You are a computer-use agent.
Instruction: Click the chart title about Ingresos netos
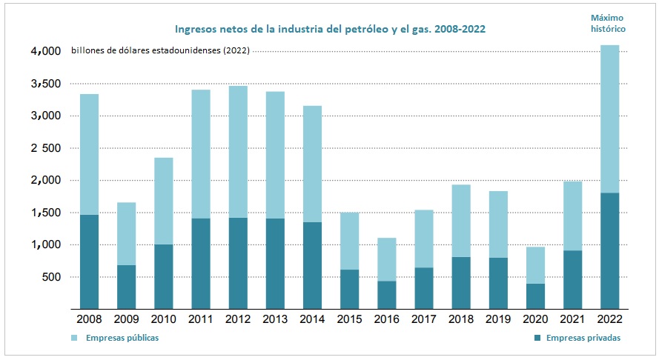[331, 30]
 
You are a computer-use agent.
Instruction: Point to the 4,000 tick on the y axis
[45, 51]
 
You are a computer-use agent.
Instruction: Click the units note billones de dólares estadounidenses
[160, 51]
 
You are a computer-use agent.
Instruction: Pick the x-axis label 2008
[89, 319]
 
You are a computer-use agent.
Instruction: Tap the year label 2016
[387, 319]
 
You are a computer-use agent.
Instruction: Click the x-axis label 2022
[610, 319]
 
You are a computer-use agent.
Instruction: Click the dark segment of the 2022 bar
[610, 250]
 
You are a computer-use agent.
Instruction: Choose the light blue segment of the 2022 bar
[610, 119]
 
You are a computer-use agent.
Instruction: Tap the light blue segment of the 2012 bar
[238, 152]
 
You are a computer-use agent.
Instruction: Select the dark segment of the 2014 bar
[313, 264]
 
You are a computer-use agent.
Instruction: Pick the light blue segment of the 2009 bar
[126, 233]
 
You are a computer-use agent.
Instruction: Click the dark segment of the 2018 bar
[461, 282]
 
